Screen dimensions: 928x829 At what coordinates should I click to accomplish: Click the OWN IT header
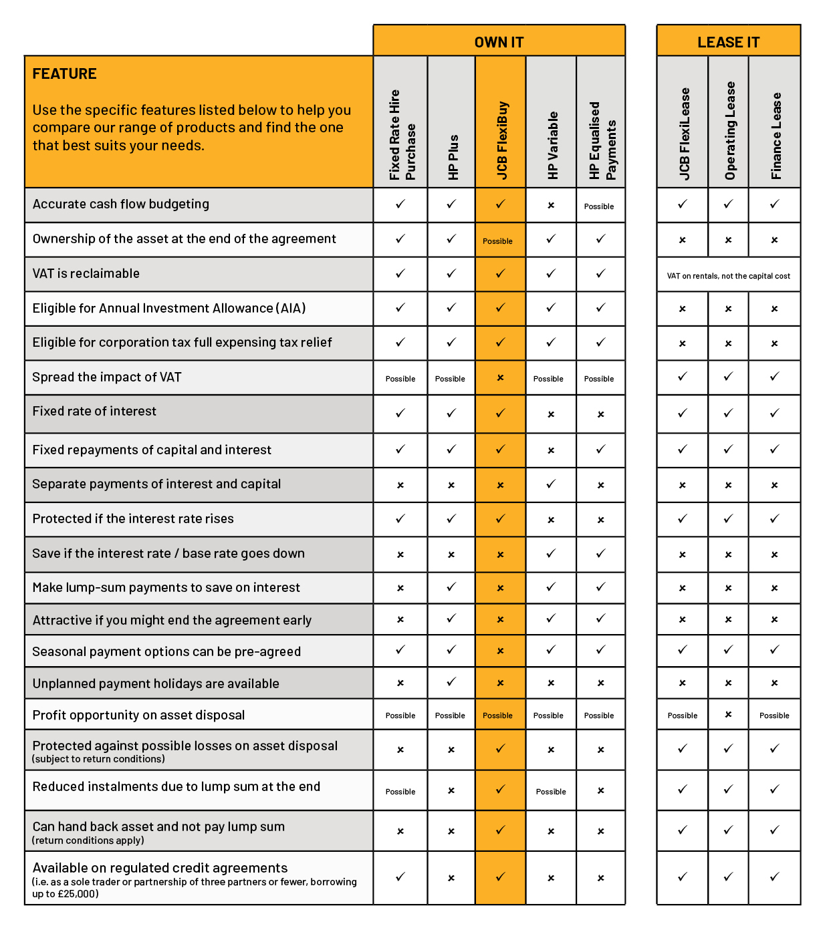499,42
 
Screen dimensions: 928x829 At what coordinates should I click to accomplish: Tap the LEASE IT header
728,42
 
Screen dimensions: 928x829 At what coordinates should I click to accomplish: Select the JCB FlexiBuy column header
502,140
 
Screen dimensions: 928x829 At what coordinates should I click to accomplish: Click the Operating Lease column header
729,131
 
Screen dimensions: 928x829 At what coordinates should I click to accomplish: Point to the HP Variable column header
552,145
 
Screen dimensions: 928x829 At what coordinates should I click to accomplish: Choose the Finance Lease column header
776,136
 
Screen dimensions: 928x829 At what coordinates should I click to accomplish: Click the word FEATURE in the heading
65,74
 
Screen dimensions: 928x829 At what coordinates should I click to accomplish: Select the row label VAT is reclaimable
86,273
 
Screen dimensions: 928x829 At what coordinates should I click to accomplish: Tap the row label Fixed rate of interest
94,411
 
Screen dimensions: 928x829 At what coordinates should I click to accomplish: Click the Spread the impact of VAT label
107,377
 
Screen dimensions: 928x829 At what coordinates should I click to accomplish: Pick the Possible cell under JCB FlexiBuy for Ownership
498,241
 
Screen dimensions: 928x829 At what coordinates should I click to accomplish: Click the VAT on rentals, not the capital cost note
728,276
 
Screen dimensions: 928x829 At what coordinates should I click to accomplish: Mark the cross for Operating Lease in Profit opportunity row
728,714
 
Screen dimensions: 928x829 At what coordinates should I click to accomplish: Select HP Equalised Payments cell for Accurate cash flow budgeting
599,206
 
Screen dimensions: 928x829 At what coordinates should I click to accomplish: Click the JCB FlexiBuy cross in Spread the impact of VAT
500,377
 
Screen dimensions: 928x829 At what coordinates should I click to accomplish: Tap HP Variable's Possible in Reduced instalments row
551,792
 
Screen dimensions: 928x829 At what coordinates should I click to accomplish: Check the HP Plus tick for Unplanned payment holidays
451,681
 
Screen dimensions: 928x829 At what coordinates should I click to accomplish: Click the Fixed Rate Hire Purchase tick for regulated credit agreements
400,876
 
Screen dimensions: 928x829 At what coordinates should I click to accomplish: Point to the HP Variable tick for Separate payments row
551,484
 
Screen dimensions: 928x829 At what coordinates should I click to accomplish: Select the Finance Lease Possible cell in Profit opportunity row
774,716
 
